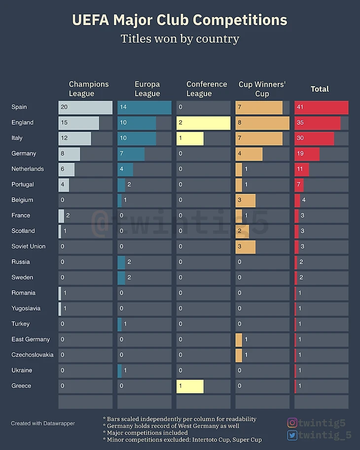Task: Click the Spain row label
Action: point(19,107)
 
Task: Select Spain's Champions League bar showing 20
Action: point(85,107)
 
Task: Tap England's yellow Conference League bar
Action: point(203,123)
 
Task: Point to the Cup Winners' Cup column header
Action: point(262,89)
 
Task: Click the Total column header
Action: point(320,89)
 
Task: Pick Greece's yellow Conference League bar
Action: point(190,386)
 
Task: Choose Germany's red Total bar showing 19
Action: point(307,154)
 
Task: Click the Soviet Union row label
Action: point(28,246)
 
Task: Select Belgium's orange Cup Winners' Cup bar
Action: point(245,200)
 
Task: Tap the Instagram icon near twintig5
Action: point(292,422)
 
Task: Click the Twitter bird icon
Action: point(292,435)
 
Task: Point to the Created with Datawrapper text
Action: point(43,423)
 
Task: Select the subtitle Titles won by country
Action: point(180,38)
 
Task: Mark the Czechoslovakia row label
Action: point(32,355)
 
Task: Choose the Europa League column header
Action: point(147,89)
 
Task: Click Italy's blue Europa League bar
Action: point(137,138)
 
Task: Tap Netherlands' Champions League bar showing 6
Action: point(67,169)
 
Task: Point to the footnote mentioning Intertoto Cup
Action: point(182,439)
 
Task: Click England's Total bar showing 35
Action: point(317,123)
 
